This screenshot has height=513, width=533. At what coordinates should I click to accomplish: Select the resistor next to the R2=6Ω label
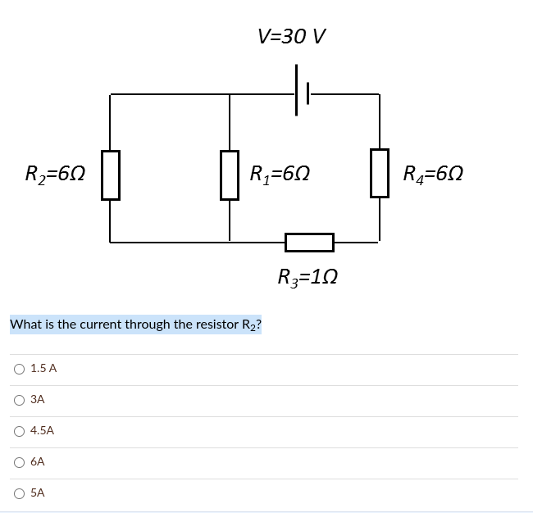pyautogui.click(x=111, y=175)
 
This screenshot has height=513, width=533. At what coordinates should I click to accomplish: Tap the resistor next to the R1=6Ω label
pyautogui.click(x=230, y=175)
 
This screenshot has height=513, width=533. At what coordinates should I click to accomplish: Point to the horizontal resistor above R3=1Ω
pyautogui.click(x=309, y=242)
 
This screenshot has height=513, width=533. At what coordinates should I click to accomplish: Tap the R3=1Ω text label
pyautogui.click(x=307, y=277)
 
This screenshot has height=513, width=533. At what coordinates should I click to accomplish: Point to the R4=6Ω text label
pyautogui.click(x=434, y=174)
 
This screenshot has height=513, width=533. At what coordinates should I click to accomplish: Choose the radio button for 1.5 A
pyautogui.click(x=18, y=369)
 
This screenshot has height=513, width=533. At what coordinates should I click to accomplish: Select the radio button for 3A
pyautogui.click(x=18, y=400)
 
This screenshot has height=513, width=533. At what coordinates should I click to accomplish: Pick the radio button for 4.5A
pyautogui.click(x=18, y=431)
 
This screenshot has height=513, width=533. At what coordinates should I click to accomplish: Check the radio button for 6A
pyautogui.click(x=18, y=462)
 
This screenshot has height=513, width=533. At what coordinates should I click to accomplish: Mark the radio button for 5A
pyautogui.click(x=18, y=493)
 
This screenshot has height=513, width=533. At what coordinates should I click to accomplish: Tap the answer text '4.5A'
pyautogui.click(x=42, y=431)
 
